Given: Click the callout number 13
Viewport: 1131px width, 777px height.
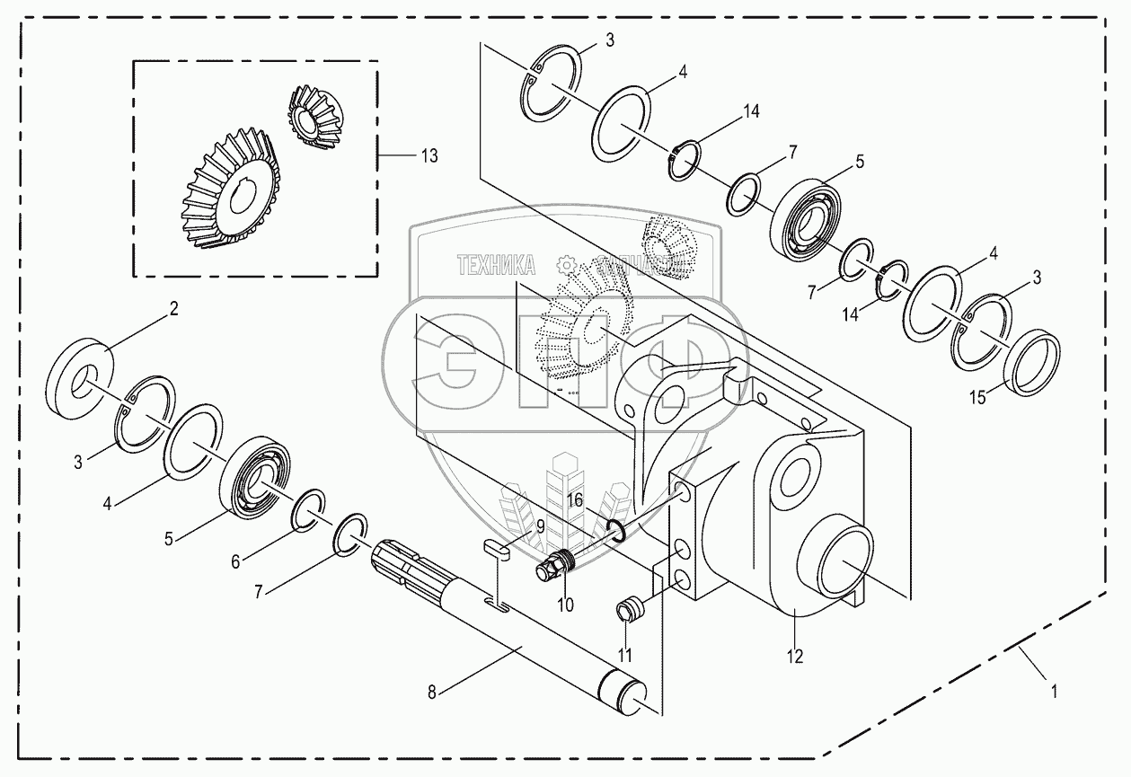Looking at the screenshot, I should point(429,156).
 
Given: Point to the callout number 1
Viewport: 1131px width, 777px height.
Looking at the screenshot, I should point(1054,692).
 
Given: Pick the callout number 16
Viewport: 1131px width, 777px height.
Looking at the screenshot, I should point(574,499).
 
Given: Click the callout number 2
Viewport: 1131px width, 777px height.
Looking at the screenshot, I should point(174,309).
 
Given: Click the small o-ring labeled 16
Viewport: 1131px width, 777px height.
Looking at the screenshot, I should point(615,532).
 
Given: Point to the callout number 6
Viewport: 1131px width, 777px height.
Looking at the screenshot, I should point(235,561).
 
